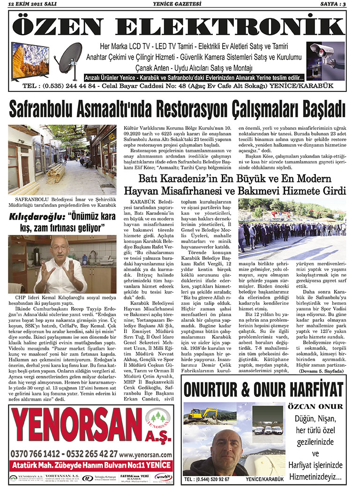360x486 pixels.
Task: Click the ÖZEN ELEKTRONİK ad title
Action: pos(180,26)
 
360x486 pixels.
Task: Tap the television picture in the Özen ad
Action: pos(30,60)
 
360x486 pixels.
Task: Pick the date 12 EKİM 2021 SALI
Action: pos(31,4)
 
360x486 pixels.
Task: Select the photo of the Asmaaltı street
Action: pos(62,159)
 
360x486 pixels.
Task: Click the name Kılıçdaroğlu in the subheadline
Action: pos(37,217)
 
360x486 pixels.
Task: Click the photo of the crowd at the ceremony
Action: pos(292,228)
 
